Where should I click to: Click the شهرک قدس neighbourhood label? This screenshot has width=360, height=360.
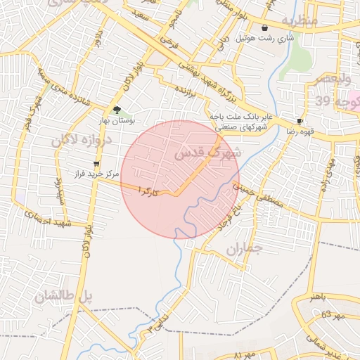point(207,152)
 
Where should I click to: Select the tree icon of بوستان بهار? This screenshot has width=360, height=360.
point(117,110)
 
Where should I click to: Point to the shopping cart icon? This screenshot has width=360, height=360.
point(96,163)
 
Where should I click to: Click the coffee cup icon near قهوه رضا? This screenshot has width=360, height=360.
point(300,121)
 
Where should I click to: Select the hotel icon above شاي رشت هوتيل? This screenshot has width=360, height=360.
point(264,28)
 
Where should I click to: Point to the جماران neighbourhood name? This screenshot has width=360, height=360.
point(244,250)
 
